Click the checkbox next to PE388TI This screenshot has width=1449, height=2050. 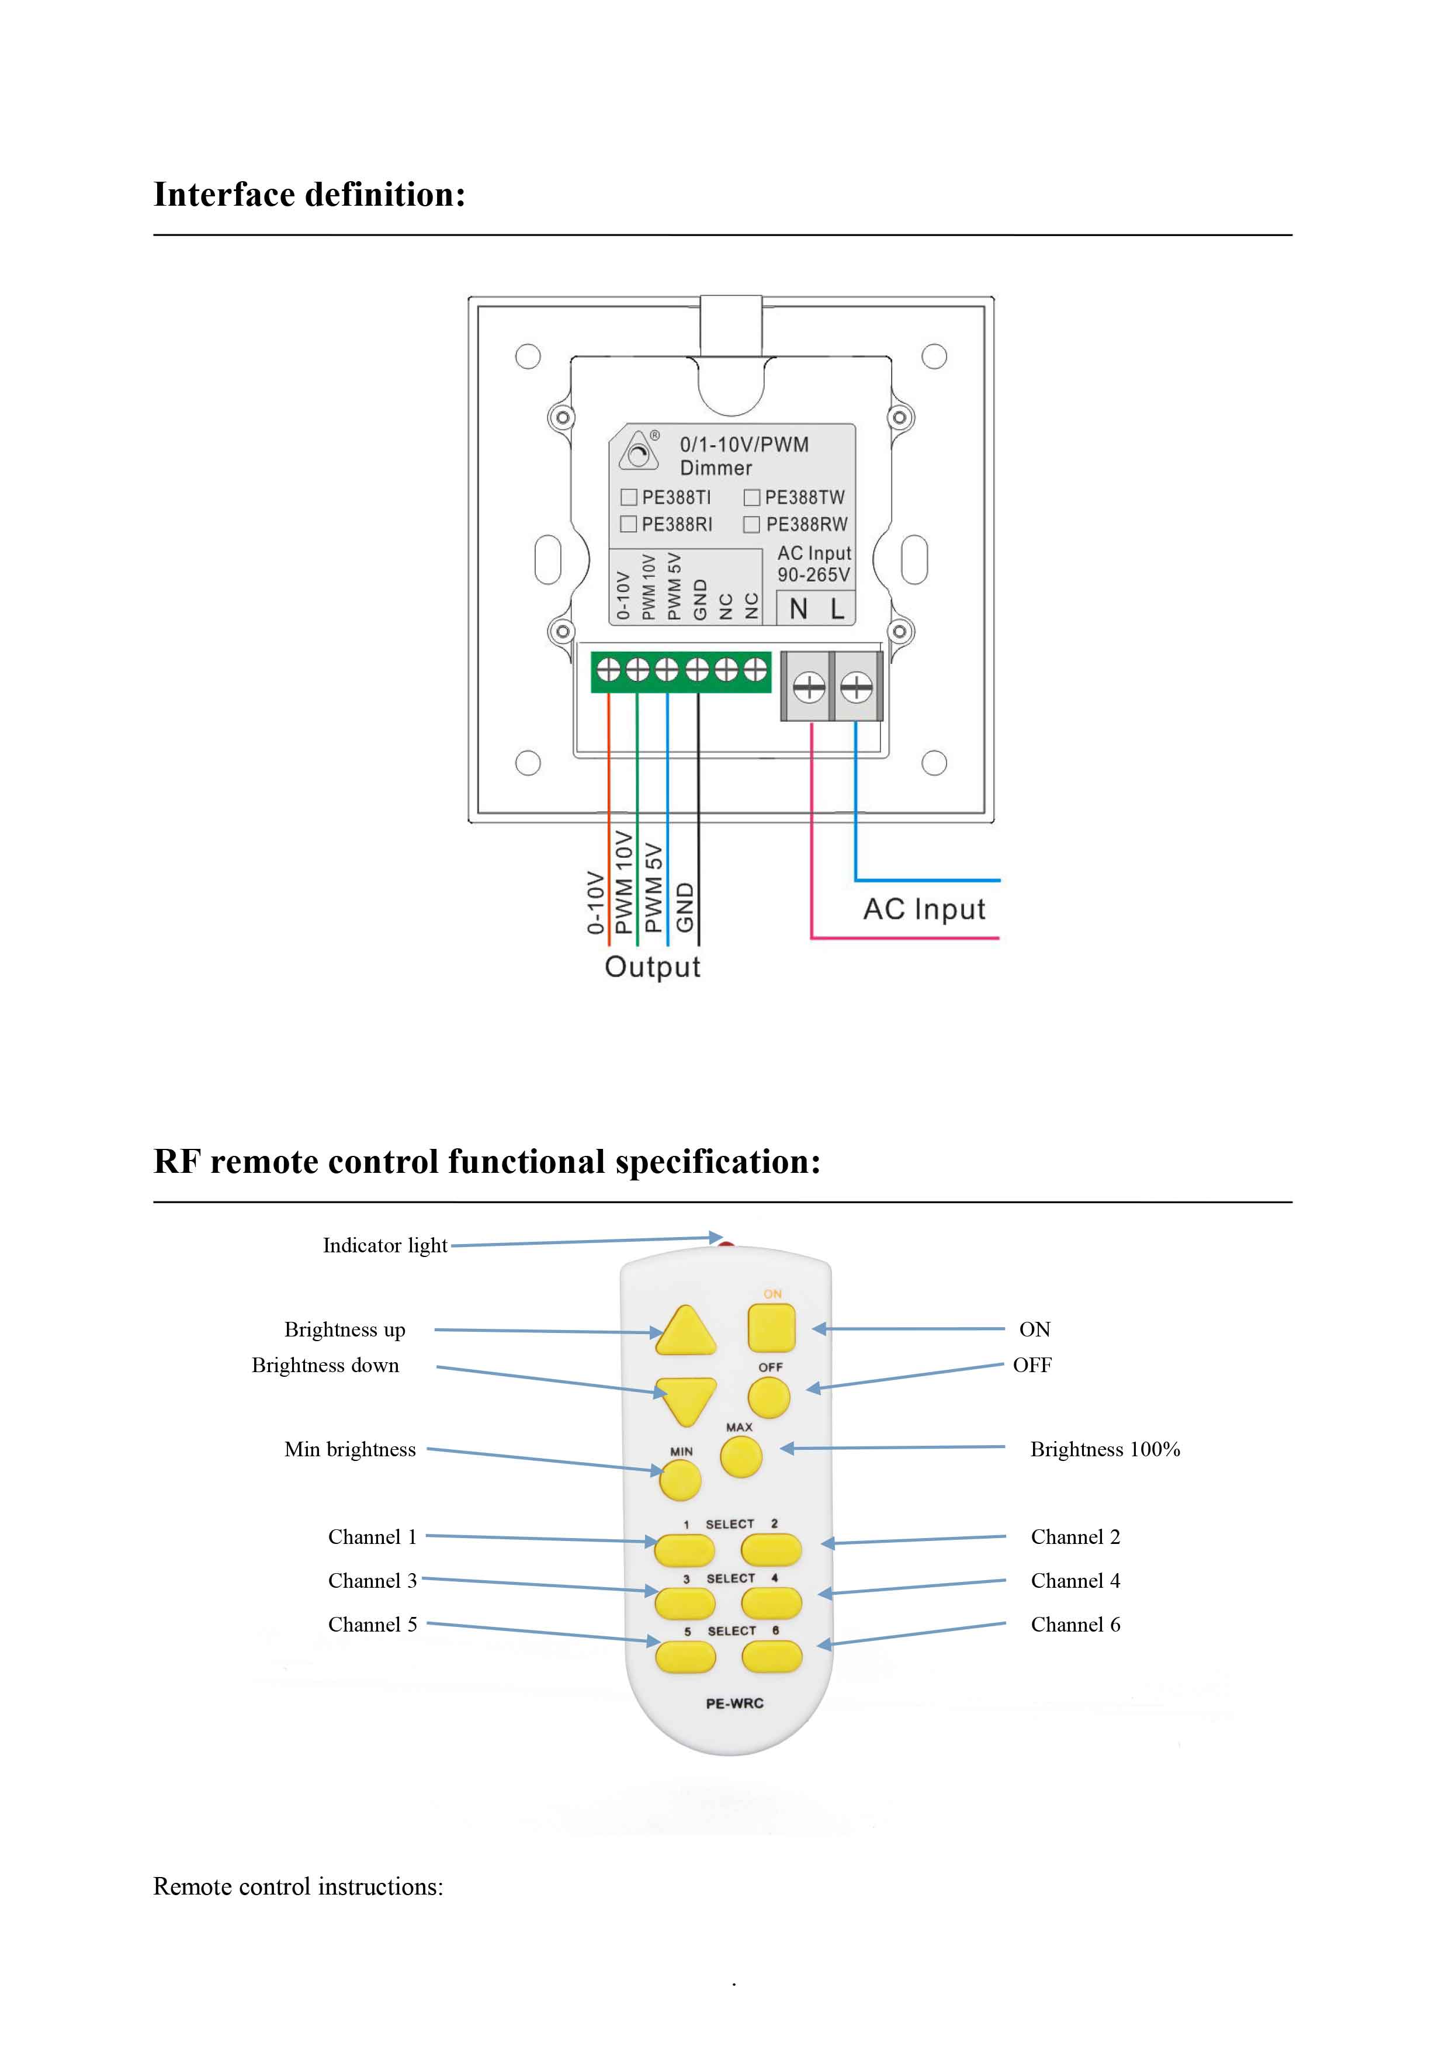click(x=629, y=497)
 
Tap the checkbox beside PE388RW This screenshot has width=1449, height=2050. click(x=752, y=524)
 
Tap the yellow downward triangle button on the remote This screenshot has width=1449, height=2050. click(x=686, y=1399)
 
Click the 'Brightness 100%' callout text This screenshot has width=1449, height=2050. click(x=1104, y=1449)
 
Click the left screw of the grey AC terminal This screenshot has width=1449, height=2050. click(x=808, y=687)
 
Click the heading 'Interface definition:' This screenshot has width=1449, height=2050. click(x=310, y=195)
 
